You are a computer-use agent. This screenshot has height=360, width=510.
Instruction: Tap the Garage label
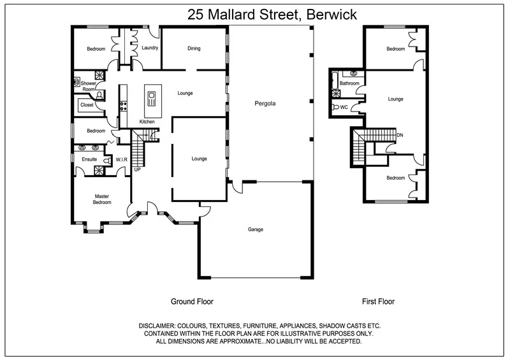pos(256,229)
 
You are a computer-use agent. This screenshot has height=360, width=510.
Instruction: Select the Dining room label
pos(194,48)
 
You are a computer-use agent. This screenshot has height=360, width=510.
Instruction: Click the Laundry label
pos(150,48)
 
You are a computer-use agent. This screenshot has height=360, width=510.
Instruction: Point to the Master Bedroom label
pos(103,199)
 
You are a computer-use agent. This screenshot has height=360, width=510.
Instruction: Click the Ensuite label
pos(89,159)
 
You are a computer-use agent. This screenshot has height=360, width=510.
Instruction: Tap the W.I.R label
pos(122,159)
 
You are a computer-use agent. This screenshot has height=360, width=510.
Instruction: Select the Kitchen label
pos(147,122)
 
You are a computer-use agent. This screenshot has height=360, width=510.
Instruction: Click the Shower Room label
pos(88,86)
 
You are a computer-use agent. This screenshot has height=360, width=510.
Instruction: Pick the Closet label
pos(87,104)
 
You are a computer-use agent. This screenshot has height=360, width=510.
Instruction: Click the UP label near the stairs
pos(137,169)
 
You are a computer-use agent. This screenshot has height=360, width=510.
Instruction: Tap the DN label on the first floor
pos(400,135)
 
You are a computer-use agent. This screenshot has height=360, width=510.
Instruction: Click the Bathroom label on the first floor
pos(349,83)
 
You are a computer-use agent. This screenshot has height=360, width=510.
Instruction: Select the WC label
pos(344,107)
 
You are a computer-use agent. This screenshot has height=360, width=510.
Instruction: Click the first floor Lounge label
pos(395,99)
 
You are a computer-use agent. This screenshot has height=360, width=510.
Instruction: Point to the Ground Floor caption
pos(192,301)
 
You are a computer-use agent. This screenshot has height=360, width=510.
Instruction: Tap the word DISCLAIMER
pos(161,326)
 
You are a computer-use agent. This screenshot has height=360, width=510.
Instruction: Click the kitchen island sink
pos(151,97)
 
